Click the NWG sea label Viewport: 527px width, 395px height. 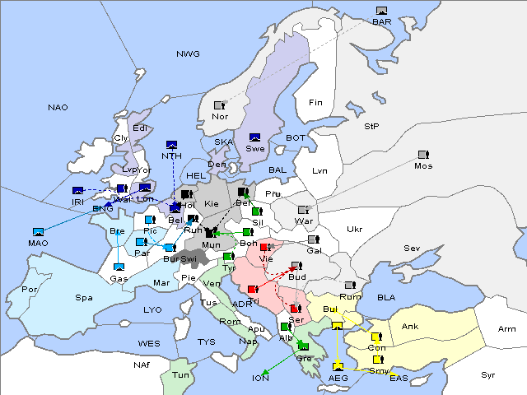(188, 54)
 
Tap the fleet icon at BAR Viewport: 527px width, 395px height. (381, 11)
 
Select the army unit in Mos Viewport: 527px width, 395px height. (423, 155)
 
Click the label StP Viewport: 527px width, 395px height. (371, 127)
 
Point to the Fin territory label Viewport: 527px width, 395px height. (315, 103)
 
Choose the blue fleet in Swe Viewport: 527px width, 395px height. (255, 137)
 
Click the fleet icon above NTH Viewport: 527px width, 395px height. (172, 145)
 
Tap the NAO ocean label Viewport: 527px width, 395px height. (58, 108)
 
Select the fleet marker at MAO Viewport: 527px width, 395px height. (38, 232)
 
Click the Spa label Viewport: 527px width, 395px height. (84, 297)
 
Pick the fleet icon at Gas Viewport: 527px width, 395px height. (119, 267)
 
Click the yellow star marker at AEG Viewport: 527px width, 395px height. (338, 365)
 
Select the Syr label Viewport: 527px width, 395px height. (488, 375)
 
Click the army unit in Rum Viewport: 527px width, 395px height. (350, 286)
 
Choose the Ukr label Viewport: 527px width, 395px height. (355, 230)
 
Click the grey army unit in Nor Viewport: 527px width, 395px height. (219, 105)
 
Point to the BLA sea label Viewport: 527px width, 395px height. (387, 297)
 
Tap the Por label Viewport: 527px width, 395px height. (30, 290)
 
